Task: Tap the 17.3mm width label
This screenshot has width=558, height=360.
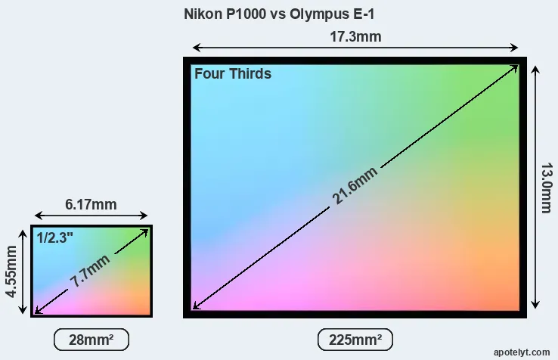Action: [355, 36]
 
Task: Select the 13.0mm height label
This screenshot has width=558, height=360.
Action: [544, 187]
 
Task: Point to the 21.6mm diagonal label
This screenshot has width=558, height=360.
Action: [355, 185]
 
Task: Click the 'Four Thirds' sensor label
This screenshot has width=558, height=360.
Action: [233, 74]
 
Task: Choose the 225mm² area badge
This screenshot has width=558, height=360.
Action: [355, 340]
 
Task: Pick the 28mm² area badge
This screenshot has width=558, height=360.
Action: [91, 340]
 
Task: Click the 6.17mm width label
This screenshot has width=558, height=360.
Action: [91, 204]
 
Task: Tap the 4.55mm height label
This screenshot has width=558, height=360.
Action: [11, 270]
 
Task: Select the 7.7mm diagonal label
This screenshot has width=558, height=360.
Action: [90, 271]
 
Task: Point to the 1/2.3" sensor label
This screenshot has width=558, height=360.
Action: [55, 237]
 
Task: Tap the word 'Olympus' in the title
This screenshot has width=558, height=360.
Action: [318, 14]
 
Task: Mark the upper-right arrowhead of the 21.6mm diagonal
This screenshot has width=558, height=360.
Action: [516, 67]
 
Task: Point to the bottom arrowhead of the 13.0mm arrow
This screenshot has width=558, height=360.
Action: [535, 306]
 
